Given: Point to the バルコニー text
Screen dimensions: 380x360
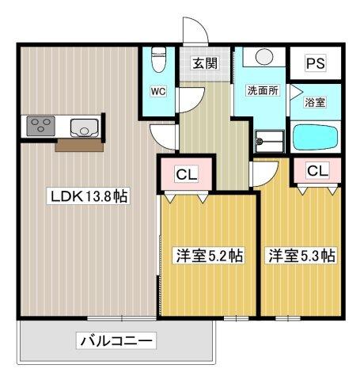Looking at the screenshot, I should [116, 341].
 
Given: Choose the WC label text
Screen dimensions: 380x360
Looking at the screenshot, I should [158, 92].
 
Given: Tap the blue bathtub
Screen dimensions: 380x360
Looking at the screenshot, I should [316, 139].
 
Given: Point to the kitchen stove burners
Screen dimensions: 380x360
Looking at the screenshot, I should [39, 125].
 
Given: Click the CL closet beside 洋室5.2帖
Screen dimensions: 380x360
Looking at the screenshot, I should [188, 173].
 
